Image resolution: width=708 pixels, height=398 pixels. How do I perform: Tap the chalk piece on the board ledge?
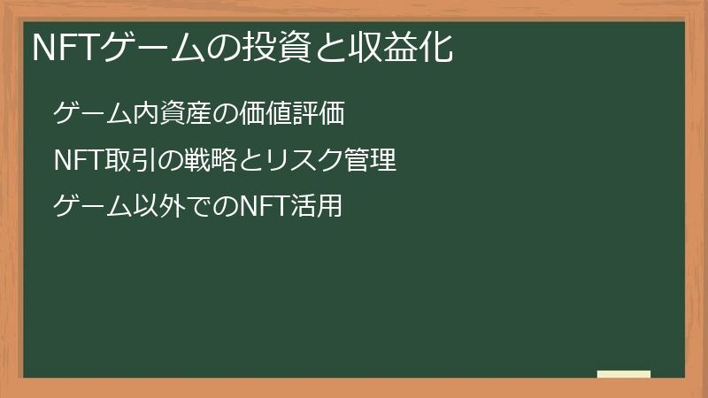click(x=624, y=375)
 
